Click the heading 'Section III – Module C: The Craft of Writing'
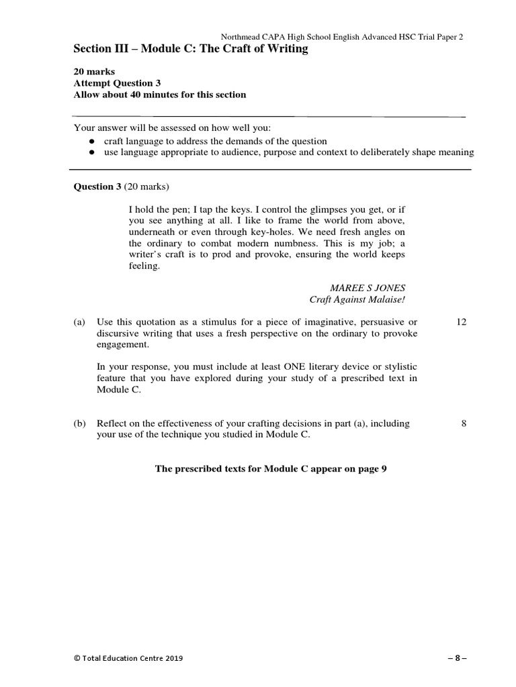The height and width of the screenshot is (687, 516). (x=191, y=49)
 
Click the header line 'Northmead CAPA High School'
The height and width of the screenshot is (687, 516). (x=343, y=37)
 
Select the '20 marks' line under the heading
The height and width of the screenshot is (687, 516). (x=94, y=71)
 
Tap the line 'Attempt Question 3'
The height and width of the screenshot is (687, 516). (x=117, y=83)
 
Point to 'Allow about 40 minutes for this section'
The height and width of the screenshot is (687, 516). (x=159, y=95)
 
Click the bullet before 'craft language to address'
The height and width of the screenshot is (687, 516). (x=91, y=142)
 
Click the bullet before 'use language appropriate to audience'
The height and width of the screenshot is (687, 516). (x=91, y=153)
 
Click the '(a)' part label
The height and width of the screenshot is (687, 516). (x=79, y=322)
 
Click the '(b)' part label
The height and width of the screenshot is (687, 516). (x=79, y=423)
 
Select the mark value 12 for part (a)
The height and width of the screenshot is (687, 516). (x=461, y=322)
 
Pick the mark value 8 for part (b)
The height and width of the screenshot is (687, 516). (x=464, y=423)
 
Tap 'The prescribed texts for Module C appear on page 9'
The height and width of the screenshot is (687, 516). (x=271, y=469)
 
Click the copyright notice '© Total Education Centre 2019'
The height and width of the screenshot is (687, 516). (x=128, y=658)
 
